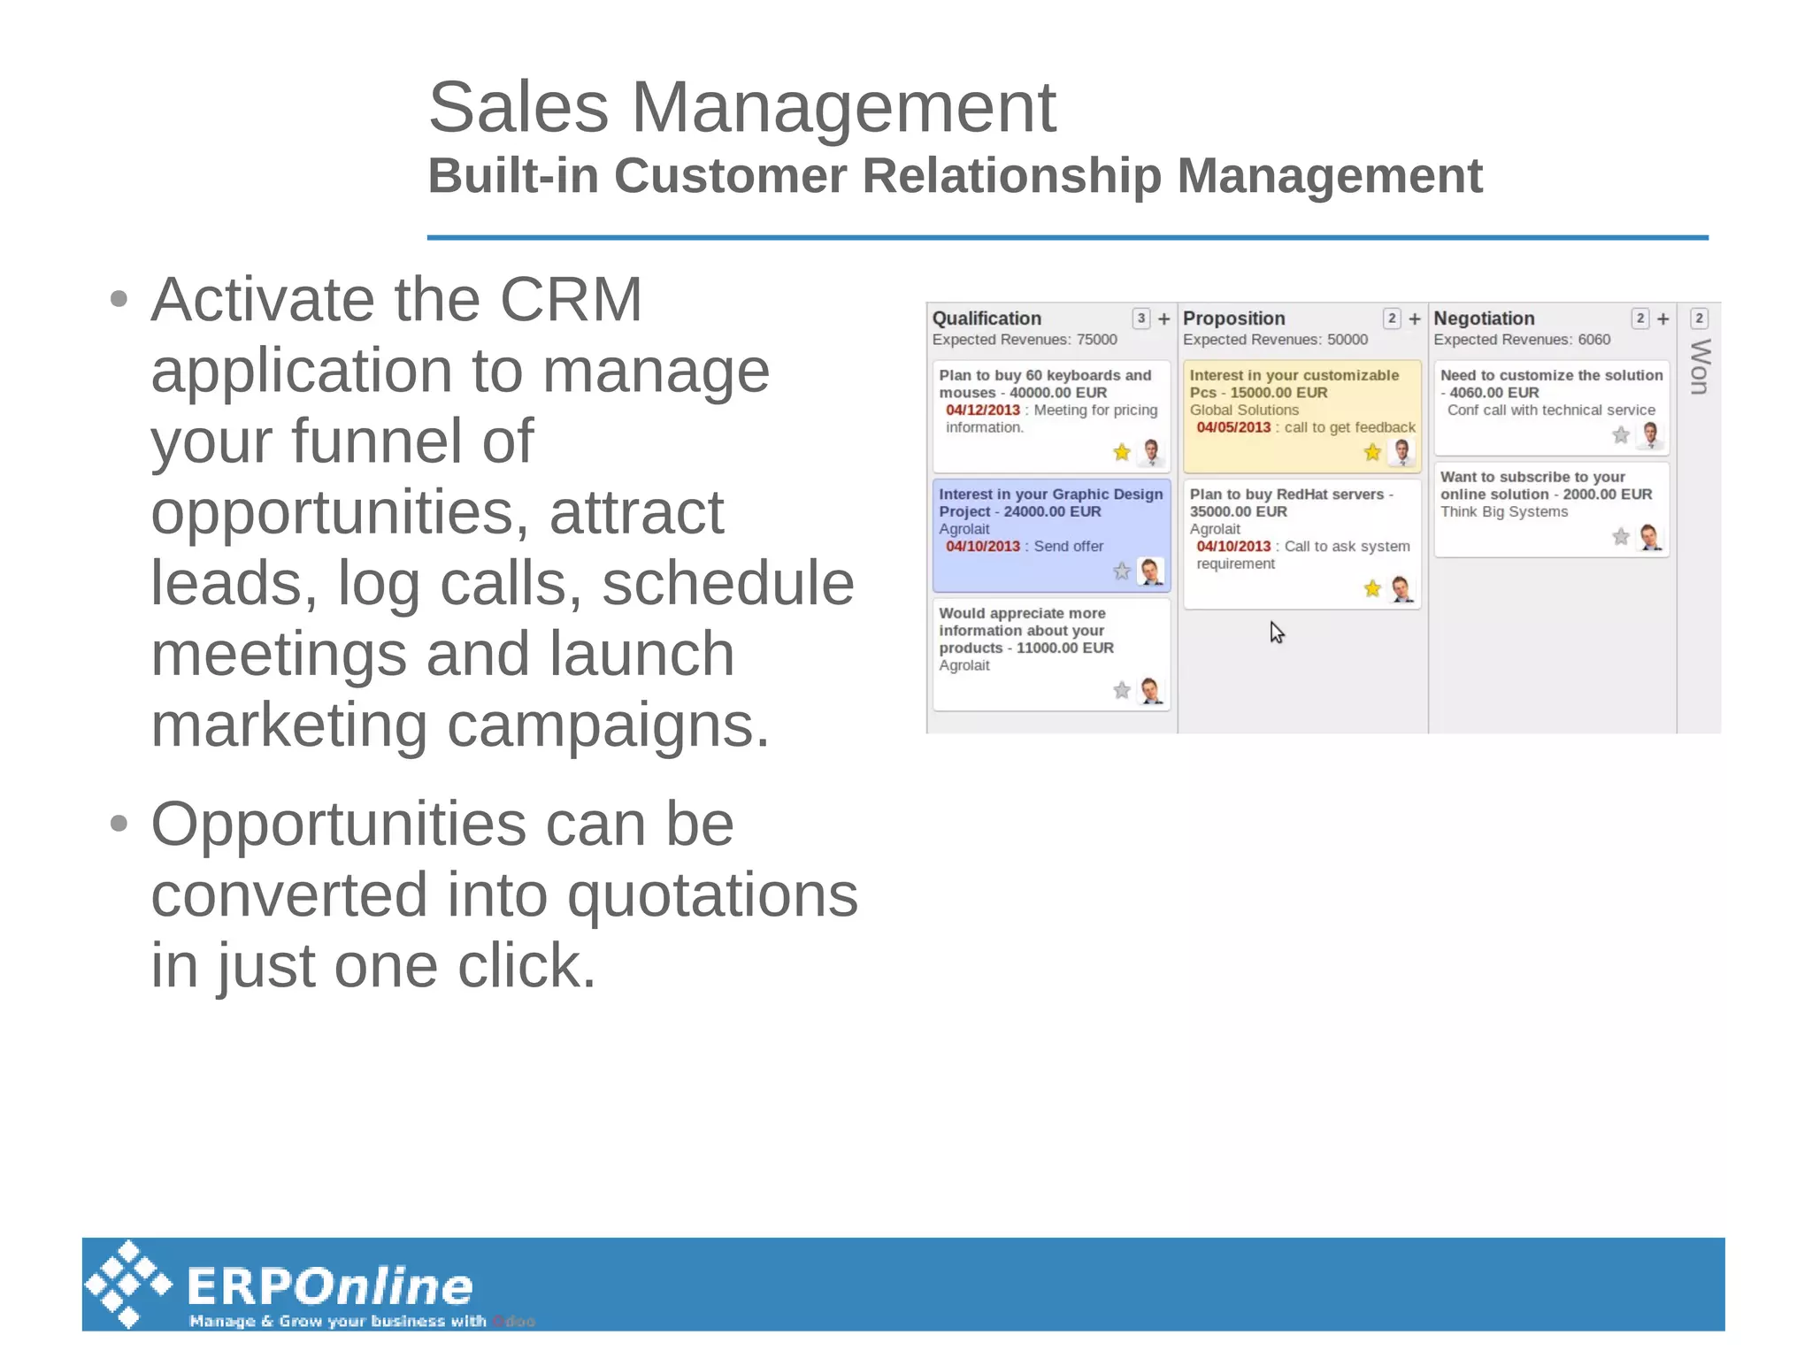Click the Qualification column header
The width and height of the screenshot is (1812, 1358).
click(x=987, y=318)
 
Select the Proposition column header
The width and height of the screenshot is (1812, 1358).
click(x=1233, y=318)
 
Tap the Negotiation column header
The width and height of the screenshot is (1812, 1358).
click(x=1484, y=318)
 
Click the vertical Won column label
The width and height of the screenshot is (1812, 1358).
click(x=1699, y=366)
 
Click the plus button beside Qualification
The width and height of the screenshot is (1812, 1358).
click(x=1164, y=318)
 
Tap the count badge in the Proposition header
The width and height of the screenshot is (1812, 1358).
click(x=1392, y=318)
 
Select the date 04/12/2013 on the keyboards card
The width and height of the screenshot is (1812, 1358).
click(x=982, y=410)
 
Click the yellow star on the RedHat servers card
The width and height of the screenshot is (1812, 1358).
click(x=1372, y=588)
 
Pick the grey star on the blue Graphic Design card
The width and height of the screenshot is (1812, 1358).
click(x=1122, y=572)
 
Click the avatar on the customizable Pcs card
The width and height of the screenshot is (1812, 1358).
click(x=1401, y=452)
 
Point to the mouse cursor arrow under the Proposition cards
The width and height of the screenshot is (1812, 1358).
click(x=1276, y=631)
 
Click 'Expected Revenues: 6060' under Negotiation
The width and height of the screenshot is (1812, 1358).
click(x=1522, y=340)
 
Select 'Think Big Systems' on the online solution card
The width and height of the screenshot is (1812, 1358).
click(x=1503, y=511)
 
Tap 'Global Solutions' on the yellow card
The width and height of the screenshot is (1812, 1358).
click(x=1244, y=410)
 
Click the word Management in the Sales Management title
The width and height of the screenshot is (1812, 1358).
click(x=843, y=107)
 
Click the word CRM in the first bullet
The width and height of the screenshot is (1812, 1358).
click(x=571, y=299)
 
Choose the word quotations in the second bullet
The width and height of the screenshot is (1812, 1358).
click(x=712, y=894)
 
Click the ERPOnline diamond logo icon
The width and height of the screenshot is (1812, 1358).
click(x=129, y=1283)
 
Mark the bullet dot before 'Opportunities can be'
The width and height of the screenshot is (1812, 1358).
click(x=119, y=824)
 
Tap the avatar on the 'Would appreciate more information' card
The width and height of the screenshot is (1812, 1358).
click(x=1151, y=690)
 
